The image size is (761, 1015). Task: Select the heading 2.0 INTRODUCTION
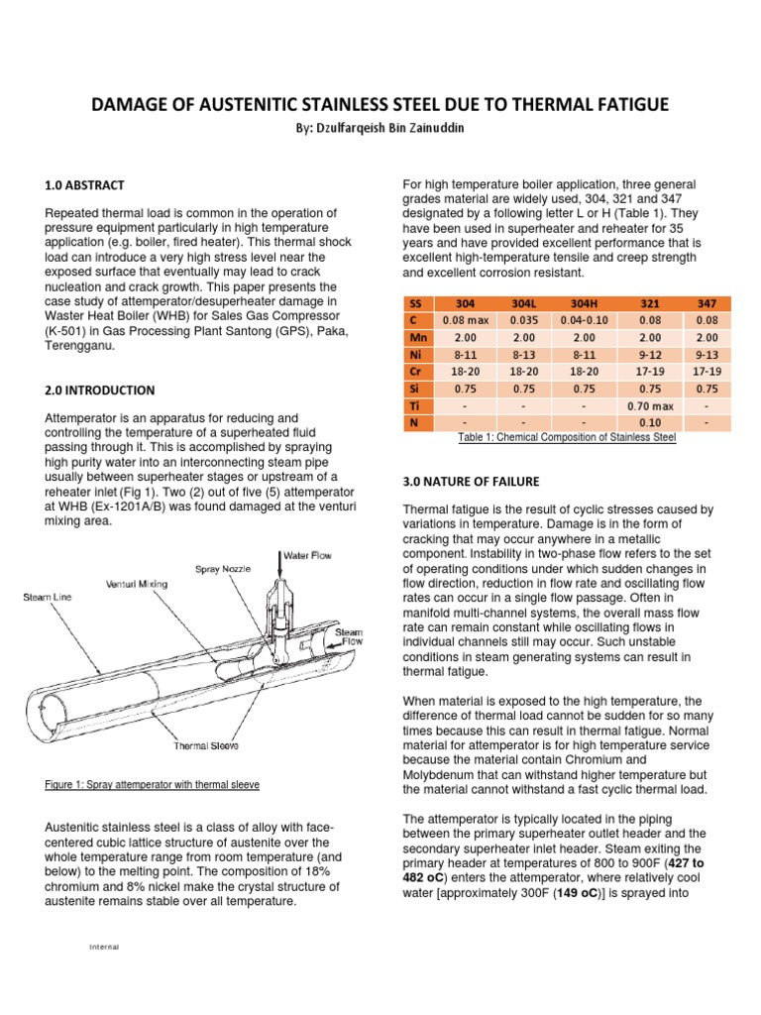click(100, 391)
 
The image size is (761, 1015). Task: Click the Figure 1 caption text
click(153, 785)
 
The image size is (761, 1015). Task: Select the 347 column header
click(707, 303)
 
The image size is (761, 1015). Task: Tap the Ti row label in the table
click(416, 404)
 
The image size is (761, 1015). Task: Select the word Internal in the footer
click(104, 947)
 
